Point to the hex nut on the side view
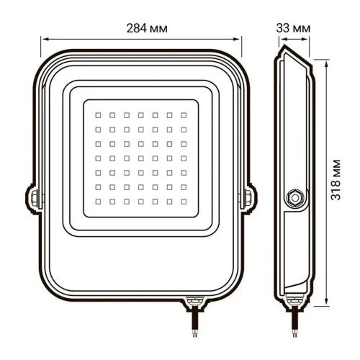[294, 197]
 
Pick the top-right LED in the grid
[181, 114]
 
